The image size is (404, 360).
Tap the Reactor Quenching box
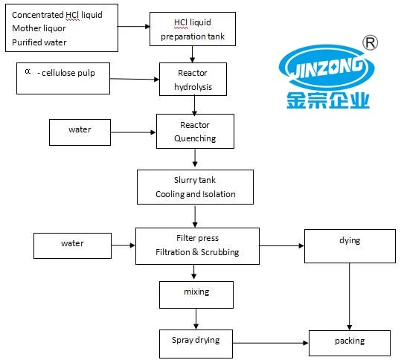pos(195,131)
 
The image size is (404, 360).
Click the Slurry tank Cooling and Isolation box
pos(195,187)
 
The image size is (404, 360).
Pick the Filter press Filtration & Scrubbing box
pos(196,245)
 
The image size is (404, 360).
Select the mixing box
pos(196,293)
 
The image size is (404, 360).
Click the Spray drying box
pos(196,341)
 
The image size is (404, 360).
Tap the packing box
pos(349,341)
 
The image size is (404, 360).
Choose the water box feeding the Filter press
pos(72,245)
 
